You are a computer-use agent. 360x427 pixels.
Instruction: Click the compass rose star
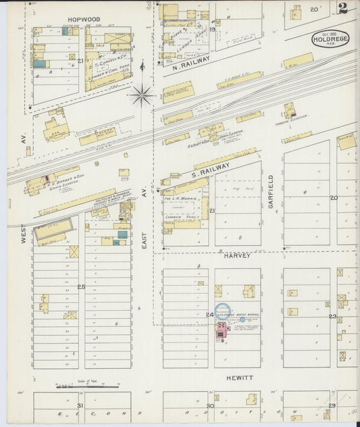(x=141, y=95)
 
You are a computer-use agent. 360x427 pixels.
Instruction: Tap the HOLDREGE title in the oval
(x=330, y=39)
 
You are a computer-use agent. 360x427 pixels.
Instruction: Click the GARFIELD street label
(x=272, y=191)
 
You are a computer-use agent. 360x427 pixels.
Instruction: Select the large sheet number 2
(x=344, y=9)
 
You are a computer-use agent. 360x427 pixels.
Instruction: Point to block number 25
(x=81, y=287)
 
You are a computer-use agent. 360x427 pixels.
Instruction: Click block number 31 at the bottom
(x=80, y=405)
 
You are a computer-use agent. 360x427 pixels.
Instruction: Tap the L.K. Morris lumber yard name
(x=178, y=197)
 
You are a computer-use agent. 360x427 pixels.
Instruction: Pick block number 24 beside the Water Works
(x=209, y=315)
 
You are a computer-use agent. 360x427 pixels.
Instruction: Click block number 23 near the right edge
(x=332, y=316)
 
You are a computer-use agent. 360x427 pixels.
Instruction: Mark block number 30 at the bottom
(x=210, y=406)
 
